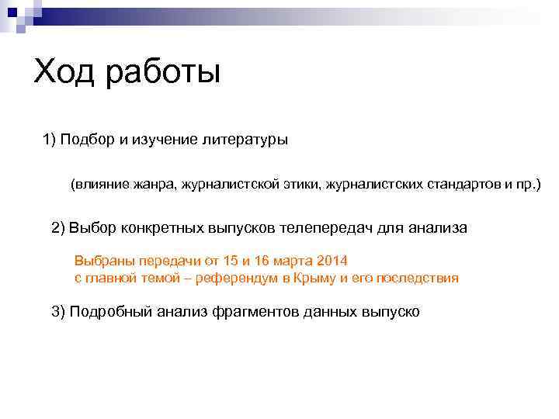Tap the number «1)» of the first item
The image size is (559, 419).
(x=50, y=140)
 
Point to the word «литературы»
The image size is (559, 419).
(x=245, y=140)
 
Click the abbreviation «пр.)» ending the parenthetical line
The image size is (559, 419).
(x=528, y=185)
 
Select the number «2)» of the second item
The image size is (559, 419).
(x=58, y=228)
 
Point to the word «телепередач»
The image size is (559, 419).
(x=327, y=228)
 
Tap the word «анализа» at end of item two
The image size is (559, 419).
(x=438, y=228)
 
